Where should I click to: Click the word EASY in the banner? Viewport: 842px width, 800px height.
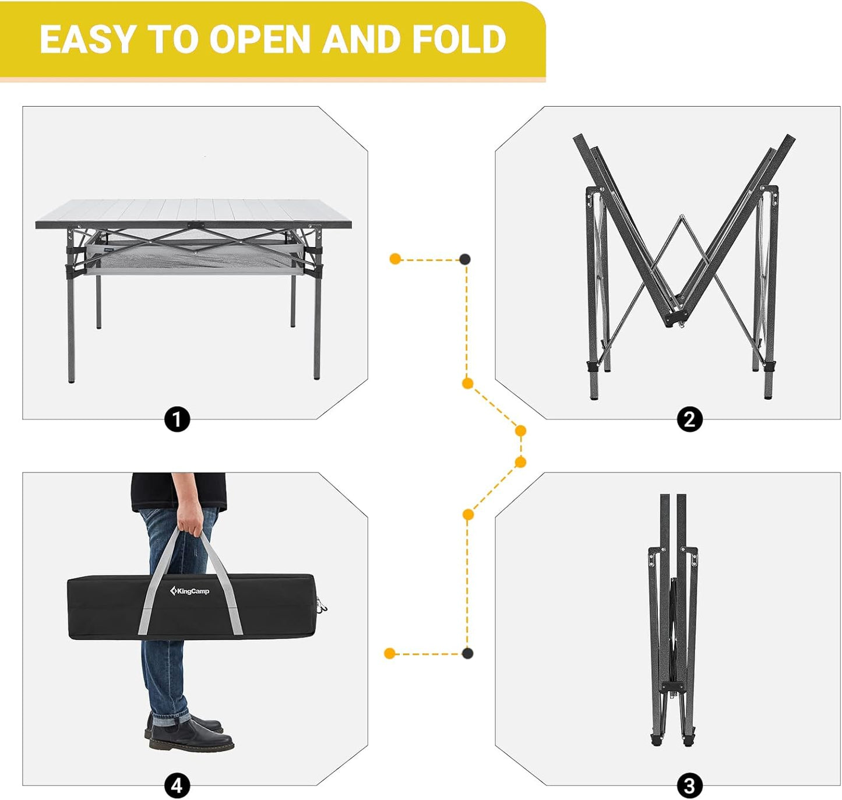pyautogui.click(x=87, y=40)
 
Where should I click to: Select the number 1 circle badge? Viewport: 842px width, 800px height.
pyautogui.click(x=177, y=420)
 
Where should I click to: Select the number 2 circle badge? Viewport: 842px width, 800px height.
pyautogui.click(x=689, y=420)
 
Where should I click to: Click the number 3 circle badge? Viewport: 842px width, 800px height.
pyautogui.click(x=689, y=785)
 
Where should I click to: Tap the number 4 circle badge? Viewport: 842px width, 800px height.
pyautogui.click(x=177, y=785)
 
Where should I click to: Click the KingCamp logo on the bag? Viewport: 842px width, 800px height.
pyautogui.click(x=190, y=591)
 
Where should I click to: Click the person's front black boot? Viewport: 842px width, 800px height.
pyautogui.click(x=192, y=742)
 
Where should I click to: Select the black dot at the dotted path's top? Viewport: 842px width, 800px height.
pyautogui.click(x=465, y=259)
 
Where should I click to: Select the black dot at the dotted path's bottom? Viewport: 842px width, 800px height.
pyautogui.click(x=467, y=653)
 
